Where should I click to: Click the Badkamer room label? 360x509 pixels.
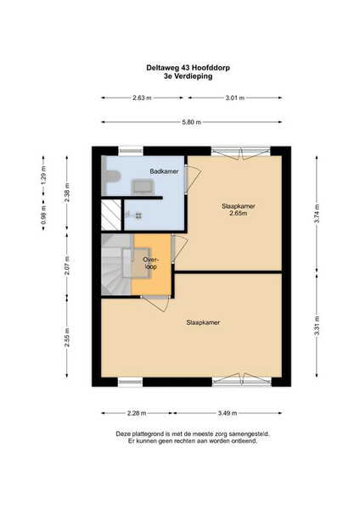pyautogui.click(x=164, y=171)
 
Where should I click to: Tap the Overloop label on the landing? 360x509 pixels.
pyautogui.click(x=151, y=263)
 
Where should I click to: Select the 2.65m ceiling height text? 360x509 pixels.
pyautogui.click(x=239, y=213)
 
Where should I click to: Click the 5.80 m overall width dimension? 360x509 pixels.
pyautogui.click(x=192, y=122)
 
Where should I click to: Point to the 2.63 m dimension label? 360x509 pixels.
pyautogui.click(x=142, y=98)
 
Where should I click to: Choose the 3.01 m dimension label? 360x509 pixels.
pyautogui.click(x=235, y=98)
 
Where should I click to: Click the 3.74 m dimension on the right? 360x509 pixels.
pyautogui.click(x=317, y=213)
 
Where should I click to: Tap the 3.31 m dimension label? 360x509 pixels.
pyautogui.click(x=317, y=326)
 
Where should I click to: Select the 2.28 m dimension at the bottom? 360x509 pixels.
pyautogui.click(x=137, y=413)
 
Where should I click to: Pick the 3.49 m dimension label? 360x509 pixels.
pyautogui.click(x=228, y=413)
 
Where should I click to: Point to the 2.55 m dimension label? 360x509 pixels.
pyautogui.click(x=67, y=337)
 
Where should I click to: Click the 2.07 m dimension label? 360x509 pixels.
pyautogui.click(x=67, y=266)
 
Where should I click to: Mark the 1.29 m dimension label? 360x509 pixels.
pyautogui.click(x=43, y=176)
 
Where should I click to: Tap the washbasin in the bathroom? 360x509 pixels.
pyautogui.click(x=143, y=187)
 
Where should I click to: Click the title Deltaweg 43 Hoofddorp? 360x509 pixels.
pyautogui.click(x=188, y=68)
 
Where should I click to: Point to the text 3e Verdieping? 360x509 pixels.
pyautogui.click(x=188, y=76)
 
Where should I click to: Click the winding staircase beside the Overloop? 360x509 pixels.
pyautogui.click(x=116, y=265)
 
